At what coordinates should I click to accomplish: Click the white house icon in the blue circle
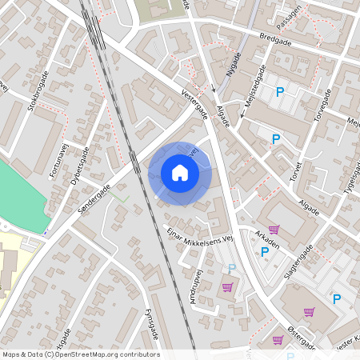[180, 172]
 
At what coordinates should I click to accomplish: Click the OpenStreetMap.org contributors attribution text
[108, 354]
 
